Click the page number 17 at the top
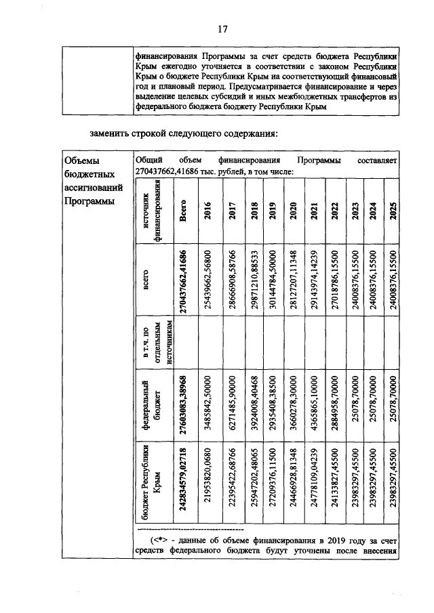tap(221, 29)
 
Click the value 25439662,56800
tap(205, 278)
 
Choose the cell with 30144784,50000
tap(271, 278)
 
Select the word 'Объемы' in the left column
tap(80, 161)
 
